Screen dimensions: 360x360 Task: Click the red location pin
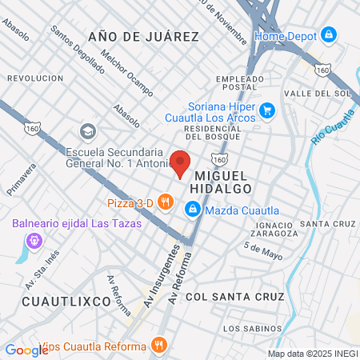click(181, 162)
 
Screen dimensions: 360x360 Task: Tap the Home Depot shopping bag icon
click(328, 35)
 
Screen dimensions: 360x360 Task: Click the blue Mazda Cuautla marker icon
click(192, 210)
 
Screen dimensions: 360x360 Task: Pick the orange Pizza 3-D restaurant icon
click(166, 202)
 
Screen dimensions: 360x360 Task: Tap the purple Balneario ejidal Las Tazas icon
click(34, 239)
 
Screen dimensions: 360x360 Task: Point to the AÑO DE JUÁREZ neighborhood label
click(143, 37)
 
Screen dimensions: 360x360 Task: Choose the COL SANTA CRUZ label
click(234, 297)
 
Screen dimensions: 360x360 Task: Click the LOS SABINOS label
click(253, 329)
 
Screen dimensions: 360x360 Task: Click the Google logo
click(26, 350)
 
